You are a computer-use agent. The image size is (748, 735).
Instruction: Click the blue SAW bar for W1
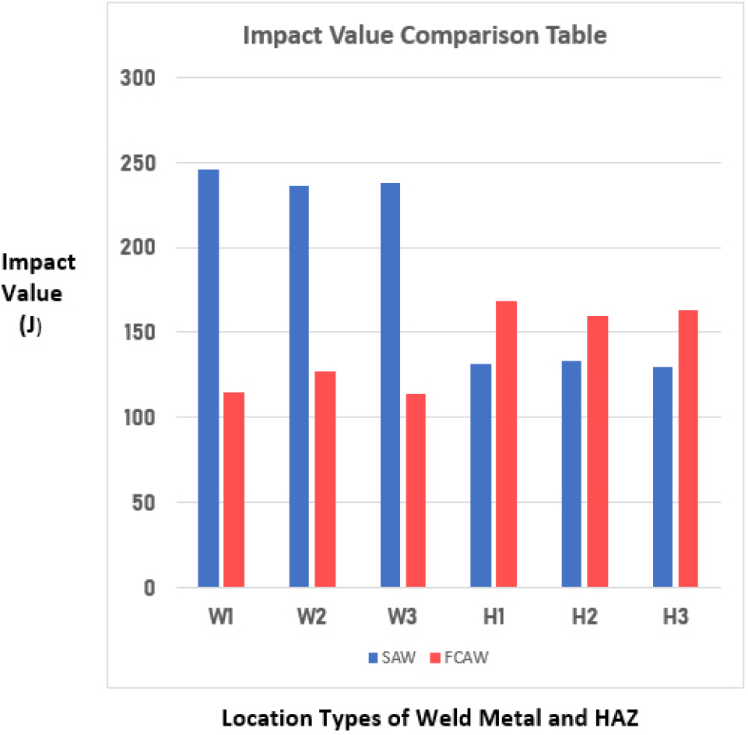(208, 378)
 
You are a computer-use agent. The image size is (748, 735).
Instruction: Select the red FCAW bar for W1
(234, 490)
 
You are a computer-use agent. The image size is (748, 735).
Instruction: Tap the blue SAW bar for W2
(299, 386)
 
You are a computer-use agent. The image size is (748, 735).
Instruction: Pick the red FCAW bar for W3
(416, 491)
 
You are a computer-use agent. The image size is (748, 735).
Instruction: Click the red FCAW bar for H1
(507, 444)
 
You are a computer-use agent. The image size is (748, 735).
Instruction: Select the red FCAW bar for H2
(598, 452)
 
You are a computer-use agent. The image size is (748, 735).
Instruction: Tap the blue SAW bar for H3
(662, 477)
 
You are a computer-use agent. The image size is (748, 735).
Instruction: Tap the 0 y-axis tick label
(150, 588)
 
